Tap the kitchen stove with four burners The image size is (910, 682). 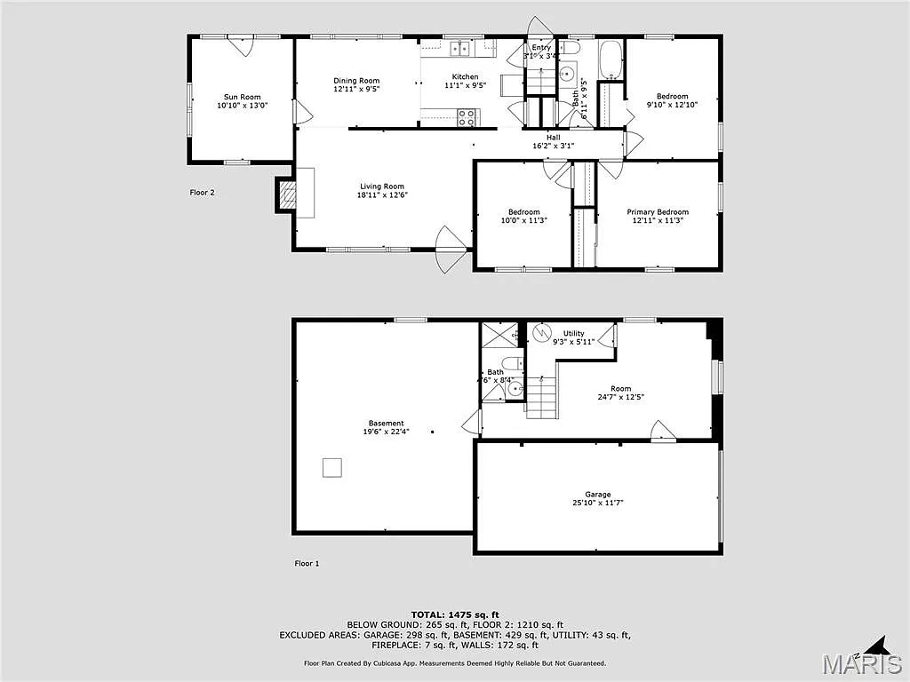(467, 115)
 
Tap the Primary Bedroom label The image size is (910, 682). (658, 212)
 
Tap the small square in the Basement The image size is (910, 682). (331, 467)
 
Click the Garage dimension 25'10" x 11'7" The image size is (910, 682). (597, 503)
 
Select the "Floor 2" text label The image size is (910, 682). (202, 192)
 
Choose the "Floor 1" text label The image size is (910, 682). (307, 563)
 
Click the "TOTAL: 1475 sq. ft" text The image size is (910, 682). (455, 615)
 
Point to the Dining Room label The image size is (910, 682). (356, 81)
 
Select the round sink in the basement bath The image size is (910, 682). (515, 388)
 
